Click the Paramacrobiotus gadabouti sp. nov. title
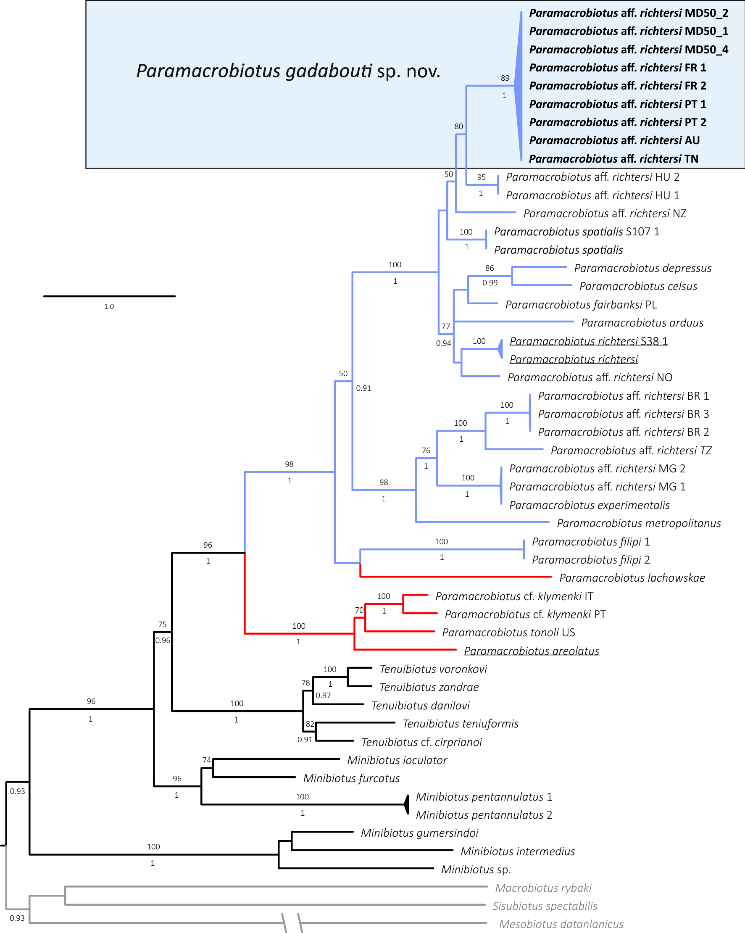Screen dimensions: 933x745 [288, 71]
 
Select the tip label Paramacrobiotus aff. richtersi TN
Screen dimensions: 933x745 [613, 159]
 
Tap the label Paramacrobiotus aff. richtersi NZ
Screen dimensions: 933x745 [604, 213]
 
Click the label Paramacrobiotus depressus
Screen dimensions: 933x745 [642, 268]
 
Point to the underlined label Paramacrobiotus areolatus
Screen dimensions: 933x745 [531, 651]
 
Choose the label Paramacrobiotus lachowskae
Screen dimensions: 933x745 [632, 578]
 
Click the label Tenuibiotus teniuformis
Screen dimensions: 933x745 [461, 724]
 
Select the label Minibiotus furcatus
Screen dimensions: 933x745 [351, 778]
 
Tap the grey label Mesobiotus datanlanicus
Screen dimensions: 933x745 [561, 924]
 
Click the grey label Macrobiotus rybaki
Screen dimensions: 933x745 [543, 888]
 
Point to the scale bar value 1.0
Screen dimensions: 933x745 [109, 306]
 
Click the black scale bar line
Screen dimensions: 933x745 [109, 296]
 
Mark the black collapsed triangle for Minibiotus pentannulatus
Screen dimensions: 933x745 [407, 804]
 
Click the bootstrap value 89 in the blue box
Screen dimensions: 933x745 [505, 78]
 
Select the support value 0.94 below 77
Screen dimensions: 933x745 [443, 343]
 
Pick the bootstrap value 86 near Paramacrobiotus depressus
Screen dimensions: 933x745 [489, 268]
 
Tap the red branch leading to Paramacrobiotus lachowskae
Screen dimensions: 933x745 [454, 577]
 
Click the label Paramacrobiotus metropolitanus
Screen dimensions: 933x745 [639, 523]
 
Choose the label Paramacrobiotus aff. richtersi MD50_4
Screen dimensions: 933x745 [629, 50]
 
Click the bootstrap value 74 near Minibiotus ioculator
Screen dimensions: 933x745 [207, 760]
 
